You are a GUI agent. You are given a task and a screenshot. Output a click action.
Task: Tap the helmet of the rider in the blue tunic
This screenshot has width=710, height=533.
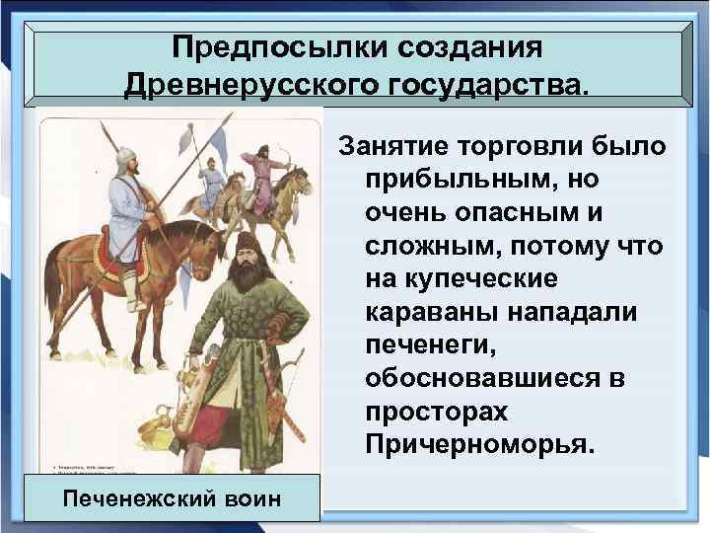(125, 156)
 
